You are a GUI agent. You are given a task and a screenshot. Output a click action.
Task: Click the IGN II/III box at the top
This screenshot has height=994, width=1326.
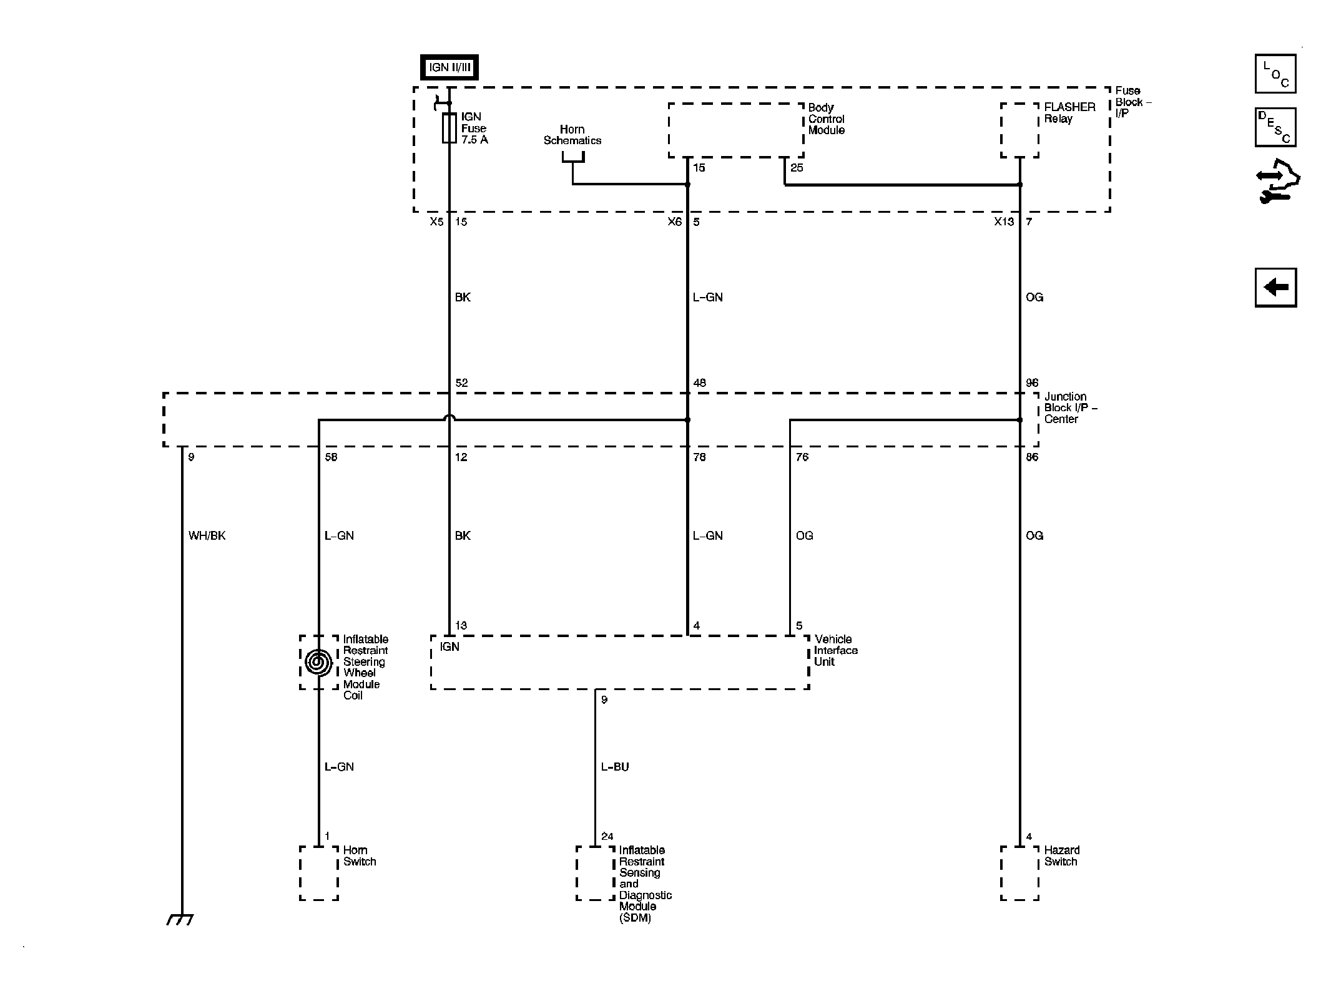pyautogui.click(x=449, y=67)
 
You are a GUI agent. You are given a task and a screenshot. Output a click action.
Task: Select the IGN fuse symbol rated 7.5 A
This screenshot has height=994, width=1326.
pyautogui.click(x=449, y=128)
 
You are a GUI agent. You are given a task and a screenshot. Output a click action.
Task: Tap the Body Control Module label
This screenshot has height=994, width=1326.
pyautogui.click(x=826, y=119)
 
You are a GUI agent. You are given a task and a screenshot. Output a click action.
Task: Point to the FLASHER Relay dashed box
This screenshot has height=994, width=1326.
pyautogui.click(x=1019, y=130)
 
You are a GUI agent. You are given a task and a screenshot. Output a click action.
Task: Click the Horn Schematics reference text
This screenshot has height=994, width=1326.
pyautogui.click(x=572, y=135)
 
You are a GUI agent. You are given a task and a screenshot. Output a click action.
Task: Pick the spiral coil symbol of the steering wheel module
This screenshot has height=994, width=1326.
pyautogui.click(x=319, y=662)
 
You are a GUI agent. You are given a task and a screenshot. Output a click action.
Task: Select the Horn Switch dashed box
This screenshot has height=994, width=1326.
pyautogui.click(x=319, y=873)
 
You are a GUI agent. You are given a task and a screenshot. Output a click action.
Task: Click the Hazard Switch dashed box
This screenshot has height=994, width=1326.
pyautogui.click(x=1019, y=873)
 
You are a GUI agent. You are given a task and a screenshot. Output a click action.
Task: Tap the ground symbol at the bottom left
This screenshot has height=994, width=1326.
pyautogui.click(x=180, y=919)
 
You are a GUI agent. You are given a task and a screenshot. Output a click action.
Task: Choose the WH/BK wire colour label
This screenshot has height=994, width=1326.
pyautogui.click(x=207, y=535)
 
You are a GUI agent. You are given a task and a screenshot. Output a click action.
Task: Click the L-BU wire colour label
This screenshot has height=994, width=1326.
pyautogui.click(x=615, y=767)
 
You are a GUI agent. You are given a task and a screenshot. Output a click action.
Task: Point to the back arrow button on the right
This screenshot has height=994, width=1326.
pyautogui.click(x=1275, y=288)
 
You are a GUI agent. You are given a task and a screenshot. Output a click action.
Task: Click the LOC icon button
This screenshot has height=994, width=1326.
pyautogui.click(x=1275, y=74)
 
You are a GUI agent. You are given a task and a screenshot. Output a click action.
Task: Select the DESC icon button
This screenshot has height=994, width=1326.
pyautogui.click(x=1275, y=127)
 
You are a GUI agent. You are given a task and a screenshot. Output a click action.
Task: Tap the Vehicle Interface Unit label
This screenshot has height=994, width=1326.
pyautogui.click(x=836, y=650)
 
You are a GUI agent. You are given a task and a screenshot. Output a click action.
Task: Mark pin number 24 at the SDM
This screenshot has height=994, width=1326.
pyautogui.click(x=607, y=836)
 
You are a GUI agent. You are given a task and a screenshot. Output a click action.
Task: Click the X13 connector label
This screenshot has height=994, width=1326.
pyautogui.click(x=1004, y=222)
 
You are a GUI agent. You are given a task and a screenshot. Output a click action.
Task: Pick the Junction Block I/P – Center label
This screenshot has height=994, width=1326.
pyautogui.click(x=1071, y=407)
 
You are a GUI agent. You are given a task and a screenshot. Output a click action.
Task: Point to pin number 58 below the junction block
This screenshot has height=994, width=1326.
pyautogui.click(x=331, y=457)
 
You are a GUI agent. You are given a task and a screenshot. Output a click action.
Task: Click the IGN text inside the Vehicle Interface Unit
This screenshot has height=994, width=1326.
pyautogui.click(x=449, y=646)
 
